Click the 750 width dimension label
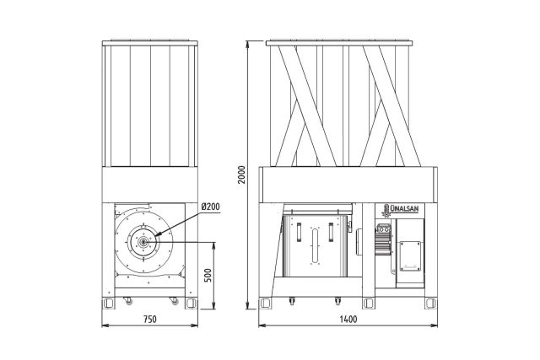click(150, 319)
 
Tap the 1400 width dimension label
click(348, 319)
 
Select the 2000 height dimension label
click(242, 175)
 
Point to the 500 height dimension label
click(208, 276)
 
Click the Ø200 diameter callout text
click(210, 207)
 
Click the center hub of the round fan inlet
click(143, 242)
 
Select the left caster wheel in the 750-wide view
click(128, 300)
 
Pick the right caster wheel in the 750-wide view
click(175, 300)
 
